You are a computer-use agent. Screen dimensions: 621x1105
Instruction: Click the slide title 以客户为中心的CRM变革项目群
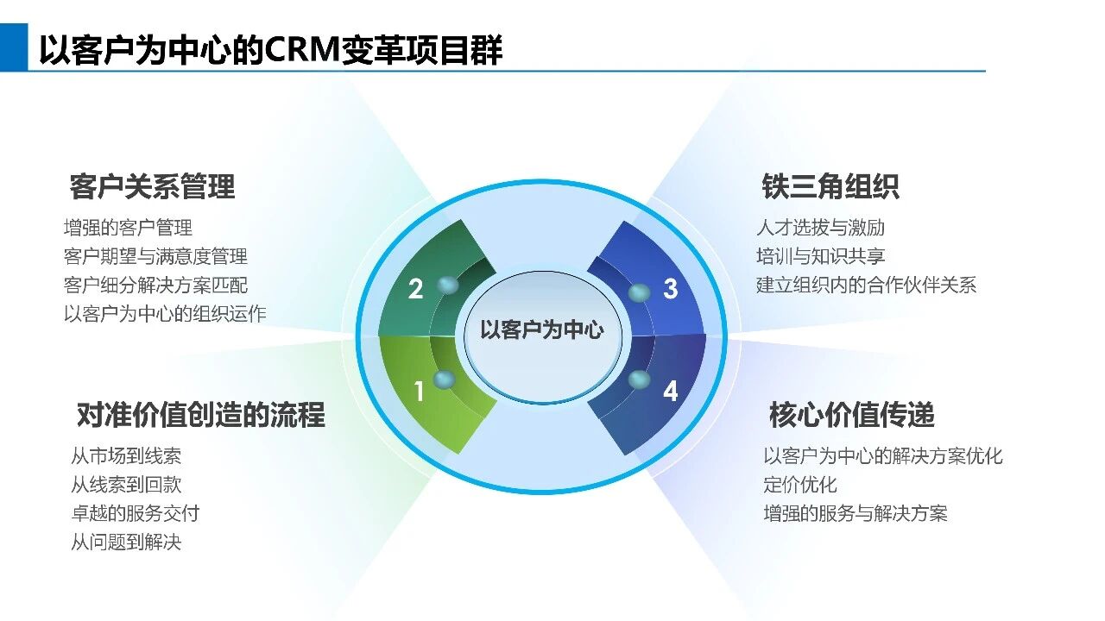point(270,50)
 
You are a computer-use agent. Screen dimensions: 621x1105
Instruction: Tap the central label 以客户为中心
point(541,329)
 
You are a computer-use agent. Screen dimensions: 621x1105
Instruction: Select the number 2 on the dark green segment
point(416,289)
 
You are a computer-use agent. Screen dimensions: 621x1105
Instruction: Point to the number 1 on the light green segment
point(420,392)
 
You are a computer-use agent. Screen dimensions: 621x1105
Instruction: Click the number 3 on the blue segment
point(670,289)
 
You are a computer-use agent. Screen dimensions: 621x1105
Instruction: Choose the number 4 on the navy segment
point(670,392)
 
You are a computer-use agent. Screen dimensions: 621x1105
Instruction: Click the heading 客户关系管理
point(152,187)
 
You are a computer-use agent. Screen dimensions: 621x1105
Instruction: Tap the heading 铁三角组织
point(830,187)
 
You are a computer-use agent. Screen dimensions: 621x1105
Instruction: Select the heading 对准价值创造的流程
point(200,416)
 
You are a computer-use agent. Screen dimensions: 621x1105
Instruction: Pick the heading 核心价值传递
point(852,416)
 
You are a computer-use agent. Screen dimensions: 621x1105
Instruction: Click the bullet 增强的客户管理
point(128,228)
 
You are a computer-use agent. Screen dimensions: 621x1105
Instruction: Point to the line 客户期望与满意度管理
point(155,256)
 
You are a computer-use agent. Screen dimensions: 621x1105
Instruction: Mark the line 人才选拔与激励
point(820,228)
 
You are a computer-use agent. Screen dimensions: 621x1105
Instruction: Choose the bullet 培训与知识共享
point(820,256)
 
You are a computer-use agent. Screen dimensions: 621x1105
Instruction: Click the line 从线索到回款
point(126,485)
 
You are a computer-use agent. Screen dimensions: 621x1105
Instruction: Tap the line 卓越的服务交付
point(135,513)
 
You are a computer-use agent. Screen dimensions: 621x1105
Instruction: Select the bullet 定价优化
point(799,485)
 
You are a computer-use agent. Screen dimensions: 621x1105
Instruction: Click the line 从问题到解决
point(126,543)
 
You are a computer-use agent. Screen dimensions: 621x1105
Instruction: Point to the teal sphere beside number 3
point(639,293)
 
